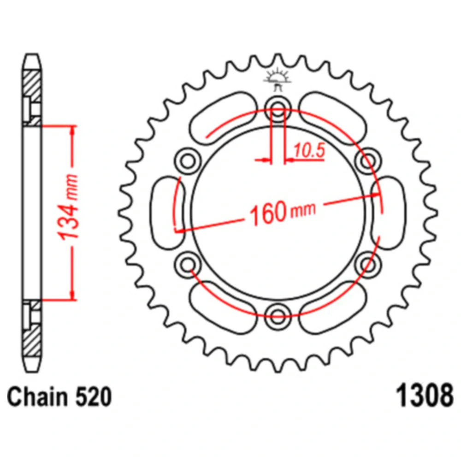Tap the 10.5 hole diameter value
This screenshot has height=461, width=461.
pyautogui.click(x=309, y=151)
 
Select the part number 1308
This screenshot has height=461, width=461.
pyautogui.click(x=425, y=396)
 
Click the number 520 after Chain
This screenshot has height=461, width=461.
pyautogui.click(x=94, y=396)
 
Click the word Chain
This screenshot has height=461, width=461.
pyautogui.click(x=38, y=396)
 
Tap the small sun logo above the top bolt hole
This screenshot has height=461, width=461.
pyautogui.click(x=278, y=79)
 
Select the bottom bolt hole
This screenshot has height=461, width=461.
pyautogui.click(x=278, y=317)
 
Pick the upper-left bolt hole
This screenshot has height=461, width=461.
pyautogui.click(x=188, y=161)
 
